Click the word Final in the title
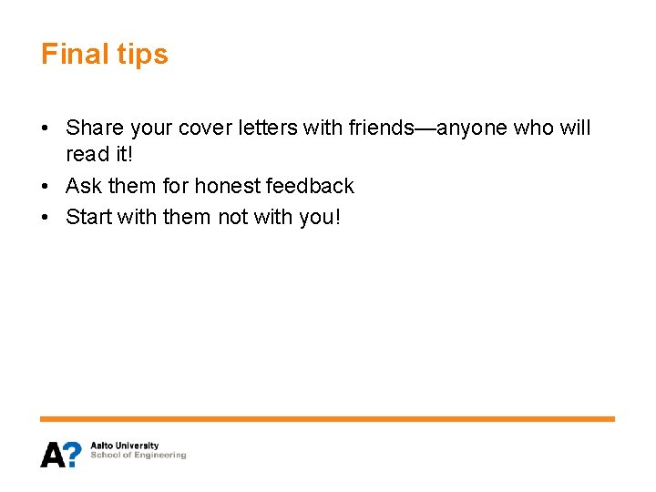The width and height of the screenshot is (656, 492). click(x=76, y=55)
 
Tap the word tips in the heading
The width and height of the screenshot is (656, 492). click(x=143, y=55)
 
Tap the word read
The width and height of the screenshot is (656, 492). click(x=87, y=155)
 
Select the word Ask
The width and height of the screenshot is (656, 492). click(x=84, y=186)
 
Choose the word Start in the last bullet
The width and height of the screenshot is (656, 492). click(x=89, y=217)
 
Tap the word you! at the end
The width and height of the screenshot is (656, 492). click(x=319, y=217)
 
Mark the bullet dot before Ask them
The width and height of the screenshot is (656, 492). click(x=46, y=187)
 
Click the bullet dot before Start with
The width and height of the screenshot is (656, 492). click(x=46, y=218)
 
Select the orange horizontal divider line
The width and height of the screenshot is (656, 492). click(x=327, y=418)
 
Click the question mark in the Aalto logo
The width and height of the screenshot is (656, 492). click(x=74, y=454)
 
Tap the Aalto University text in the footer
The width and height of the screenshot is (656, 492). click(x=124, y=446)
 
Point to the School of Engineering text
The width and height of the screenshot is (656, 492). click(x=138, y=456)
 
